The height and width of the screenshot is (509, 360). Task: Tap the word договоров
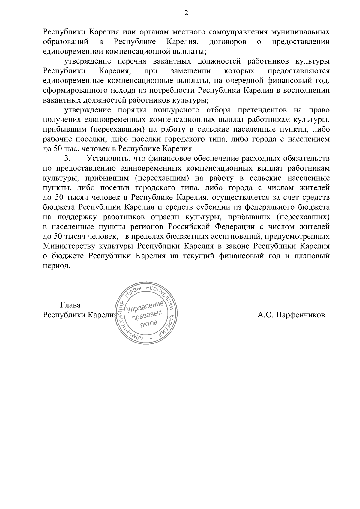(228, 42)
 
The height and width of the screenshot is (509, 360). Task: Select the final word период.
(57, 266)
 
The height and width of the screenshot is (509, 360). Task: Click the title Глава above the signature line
(70, 305)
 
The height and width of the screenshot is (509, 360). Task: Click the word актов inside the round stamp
(149, 323)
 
